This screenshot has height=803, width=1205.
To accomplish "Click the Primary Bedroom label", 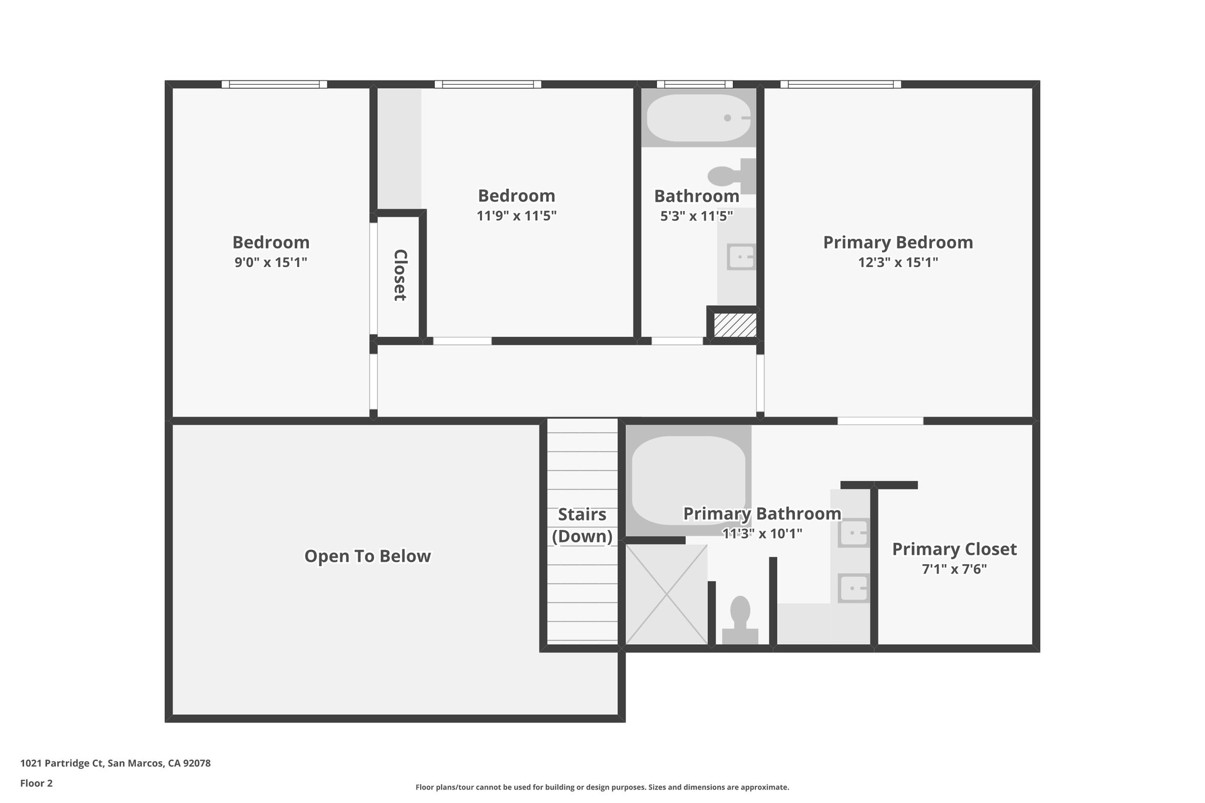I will click(897, 242).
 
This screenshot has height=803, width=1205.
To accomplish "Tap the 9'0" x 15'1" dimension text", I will click(271, 262).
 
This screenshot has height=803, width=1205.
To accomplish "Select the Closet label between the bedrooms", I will click(400, 275).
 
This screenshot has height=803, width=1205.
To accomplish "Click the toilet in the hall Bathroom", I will click(730, 175).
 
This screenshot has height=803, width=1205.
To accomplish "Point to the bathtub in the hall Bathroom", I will click(698, 118).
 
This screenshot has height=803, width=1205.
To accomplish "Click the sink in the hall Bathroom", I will click(741, 257).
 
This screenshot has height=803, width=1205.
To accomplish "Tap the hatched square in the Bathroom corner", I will click(734, 325).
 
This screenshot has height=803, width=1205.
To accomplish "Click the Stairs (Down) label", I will click(582, 525).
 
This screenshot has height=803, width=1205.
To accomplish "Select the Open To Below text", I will click(367, 556).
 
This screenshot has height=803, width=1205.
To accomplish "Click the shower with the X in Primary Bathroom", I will click(666, 594).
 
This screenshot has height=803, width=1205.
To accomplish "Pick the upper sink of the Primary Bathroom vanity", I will click(853, 533).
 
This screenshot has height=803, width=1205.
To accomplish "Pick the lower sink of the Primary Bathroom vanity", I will click(853, 588).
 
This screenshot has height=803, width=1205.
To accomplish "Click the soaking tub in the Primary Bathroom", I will click(688, 479).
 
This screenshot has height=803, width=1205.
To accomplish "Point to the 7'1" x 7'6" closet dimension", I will click(954, 569).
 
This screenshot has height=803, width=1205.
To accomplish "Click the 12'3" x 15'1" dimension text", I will click(897, 262).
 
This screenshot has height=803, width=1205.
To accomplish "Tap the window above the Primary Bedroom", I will click(840, 84).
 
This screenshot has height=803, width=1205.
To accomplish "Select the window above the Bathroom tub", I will click(694, 84).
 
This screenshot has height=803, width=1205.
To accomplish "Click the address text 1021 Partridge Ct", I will click(115, 764).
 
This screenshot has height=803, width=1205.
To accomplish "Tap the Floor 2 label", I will click(36, 783).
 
